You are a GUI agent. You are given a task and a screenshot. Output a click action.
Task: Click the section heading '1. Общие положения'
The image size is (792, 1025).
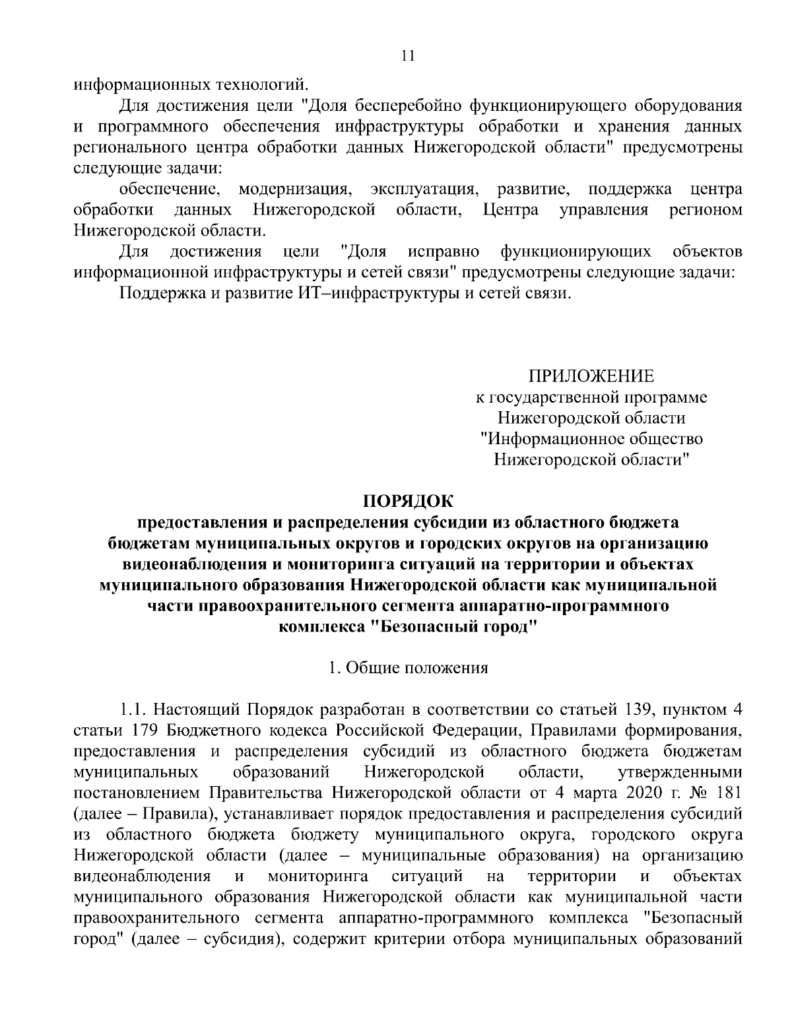[x=409, y=667]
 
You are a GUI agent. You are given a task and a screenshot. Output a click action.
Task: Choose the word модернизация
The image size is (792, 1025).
[x=293, y=190]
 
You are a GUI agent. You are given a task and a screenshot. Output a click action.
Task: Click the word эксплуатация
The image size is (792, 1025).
[x=424, y=190]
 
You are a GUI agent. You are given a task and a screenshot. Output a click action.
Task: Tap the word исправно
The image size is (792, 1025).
[x=444, y=251]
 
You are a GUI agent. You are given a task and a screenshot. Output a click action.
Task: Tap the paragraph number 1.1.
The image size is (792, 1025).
[x=133, y=710]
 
